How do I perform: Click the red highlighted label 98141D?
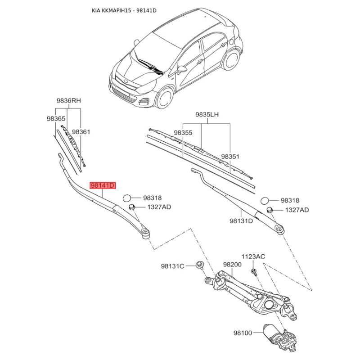click(x=103, y=185)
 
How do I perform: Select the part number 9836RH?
click(x=69, y=100)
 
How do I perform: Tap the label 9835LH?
click(x=207, y=114)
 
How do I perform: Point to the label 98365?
click(x=56, y=118)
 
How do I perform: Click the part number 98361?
click(x=81, y=132)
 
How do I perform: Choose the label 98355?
click(x=183, y=133)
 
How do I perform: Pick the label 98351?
click(x=230, y=157)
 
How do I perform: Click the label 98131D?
click(x=241, y=221)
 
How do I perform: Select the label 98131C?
click(x=172, y=266)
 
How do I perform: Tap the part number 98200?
click(x=232, y=265)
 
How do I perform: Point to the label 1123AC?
click(x=253, y=256)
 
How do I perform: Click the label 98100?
click(x=243, y=333)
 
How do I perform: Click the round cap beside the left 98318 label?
click(x=127, y=198)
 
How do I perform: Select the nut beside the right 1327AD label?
click(x=269, y=210)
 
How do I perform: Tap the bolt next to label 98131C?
click(x=199, y=265)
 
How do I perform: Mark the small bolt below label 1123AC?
click(x=254, y=272)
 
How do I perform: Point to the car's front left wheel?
click(x=165, y=97)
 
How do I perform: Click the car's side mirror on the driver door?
click(x=181, y=69)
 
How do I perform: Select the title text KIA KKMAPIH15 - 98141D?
click(x=124, y=10)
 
